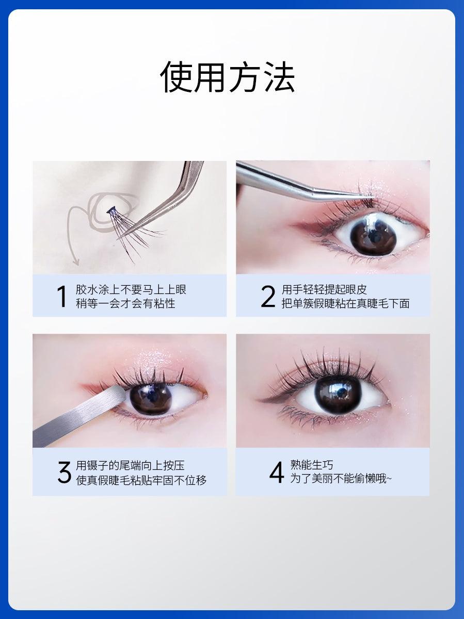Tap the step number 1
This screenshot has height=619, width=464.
coord(61,297)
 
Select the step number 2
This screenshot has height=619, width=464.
coord(268,297)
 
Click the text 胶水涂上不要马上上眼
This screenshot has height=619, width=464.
coord(131,289)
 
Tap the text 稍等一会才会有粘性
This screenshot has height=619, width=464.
coord(125,303)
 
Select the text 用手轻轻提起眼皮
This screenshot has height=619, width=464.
coord(324,289)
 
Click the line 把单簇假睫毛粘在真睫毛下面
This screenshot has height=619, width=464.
coord(345,303)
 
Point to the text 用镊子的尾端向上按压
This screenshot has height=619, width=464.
coord(130,466)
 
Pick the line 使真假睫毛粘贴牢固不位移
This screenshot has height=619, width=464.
coord(141,480)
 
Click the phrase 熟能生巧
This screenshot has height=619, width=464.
coord(311,466)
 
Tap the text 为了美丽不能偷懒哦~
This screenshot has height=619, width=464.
coord(341,479)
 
